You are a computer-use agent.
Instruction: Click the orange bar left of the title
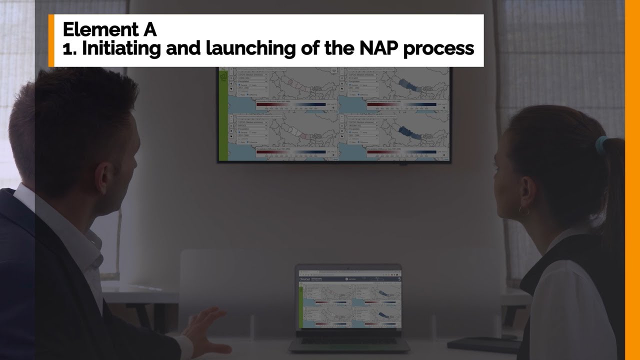tap(51, 40)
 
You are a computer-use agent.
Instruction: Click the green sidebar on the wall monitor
tap(223, 115)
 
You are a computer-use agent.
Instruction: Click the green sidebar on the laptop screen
tap(300, 305)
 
